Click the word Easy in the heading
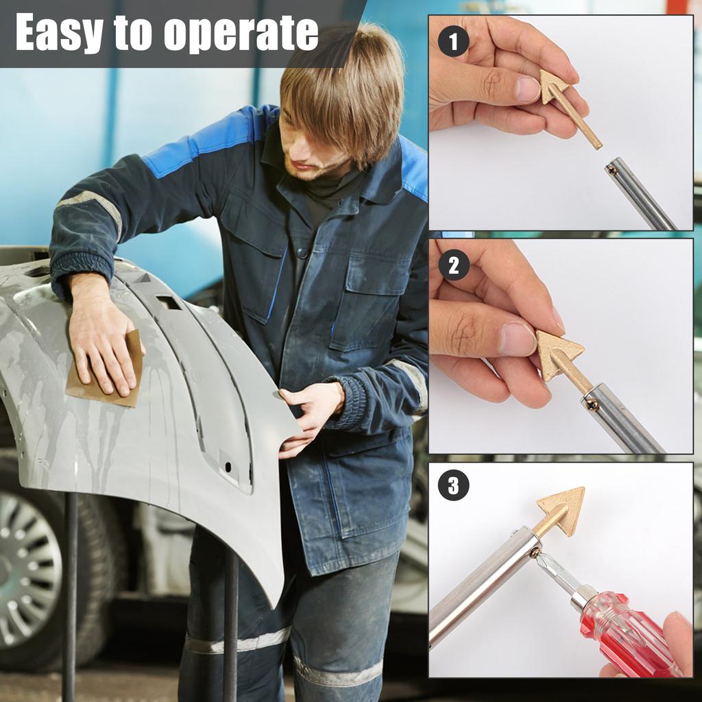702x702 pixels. [x=59, y=32]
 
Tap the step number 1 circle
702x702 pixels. [x=453, y=42]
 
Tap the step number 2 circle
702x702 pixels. [x=453, y=265]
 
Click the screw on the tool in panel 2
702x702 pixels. [x=592, y=404]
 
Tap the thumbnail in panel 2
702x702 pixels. [x=517, y=339]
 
